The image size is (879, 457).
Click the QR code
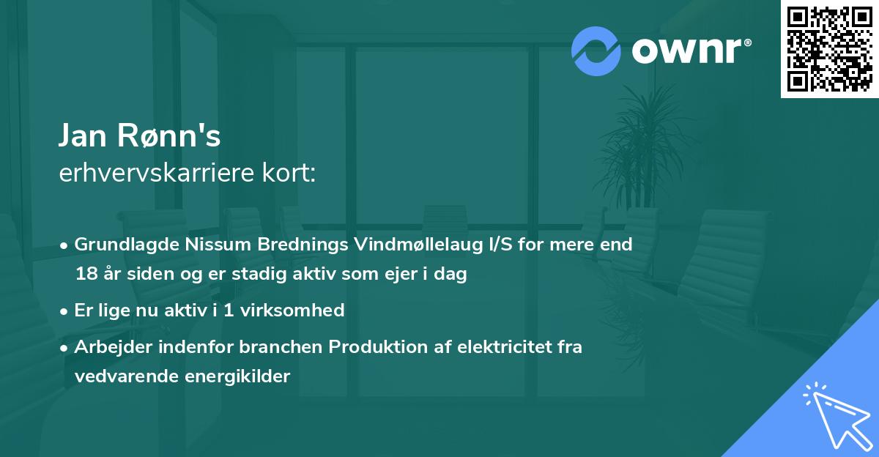point(829,48)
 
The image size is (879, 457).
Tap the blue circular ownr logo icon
point(596,51)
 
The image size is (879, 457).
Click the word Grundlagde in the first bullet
point(120,244)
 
